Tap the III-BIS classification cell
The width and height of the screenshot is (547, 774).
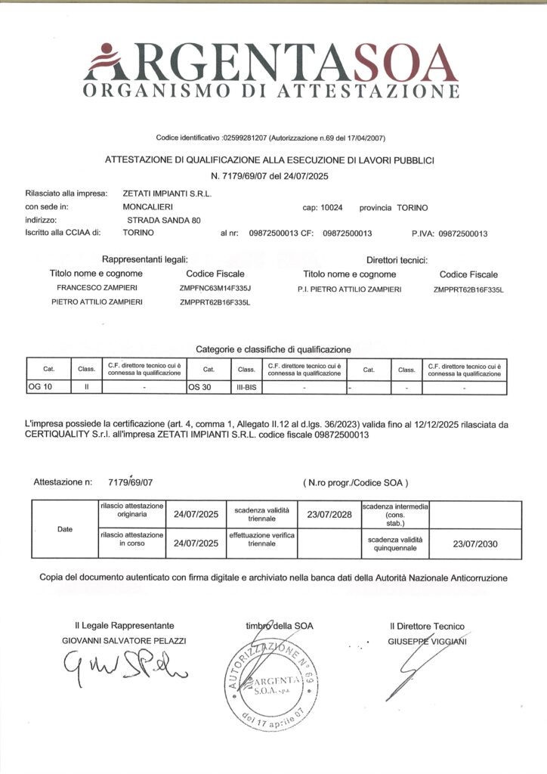246,387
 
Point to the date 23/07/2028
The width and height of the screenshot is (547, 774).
329,514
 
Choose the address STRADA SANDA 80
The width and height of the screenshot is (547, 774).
164,220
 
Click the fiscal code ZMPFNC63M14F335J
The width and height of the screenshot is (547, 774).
215,289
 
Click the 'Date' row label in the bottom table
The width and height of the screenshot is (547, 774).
65,529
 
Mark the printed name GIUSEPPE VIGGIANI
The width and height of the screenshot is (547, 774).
427,641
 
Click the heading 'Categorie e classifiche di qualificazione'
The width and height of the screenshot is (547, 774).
273,349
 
